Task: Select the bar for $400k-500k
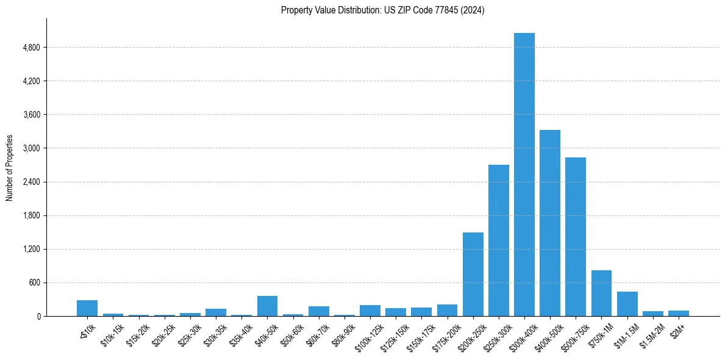550,223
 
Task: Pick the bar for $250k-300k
499,240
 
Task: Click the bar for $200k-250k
473,274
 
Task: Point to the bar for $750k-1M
601,293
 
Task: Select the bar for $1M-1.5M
627,304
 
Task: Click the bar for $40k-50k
267,306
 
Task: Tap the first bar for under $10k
87,308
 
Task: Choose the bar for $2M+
679,313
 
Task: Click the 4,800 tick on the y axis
30,48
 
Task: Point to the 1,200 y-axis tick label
30,249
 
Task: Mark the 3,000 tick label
30,148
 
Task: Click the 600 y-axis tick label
34,283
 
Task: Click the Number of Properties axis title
9,168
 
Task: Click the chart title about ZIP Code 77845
382,10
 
